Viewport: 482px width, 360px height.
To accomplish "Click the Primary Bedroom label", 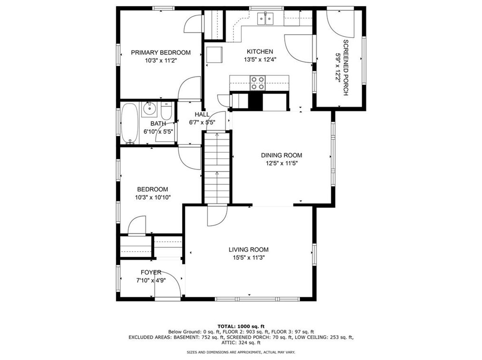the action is coord(161,53).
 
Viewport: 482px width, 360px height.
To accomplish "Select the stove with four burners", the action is coord(258,83).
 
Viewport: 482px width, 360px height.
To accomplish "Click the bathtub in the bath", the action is coord(129,123).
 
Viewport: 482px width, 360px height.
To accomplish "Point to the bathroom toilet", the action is coord(166,112).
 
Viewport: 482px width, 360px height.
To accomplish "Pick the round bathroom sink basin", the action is coord(150,108).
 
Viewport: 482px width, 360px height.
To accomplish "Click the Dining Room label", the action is coord(281,155).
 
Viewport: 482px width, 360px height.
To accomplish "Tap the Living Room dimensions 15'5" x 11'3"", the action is coord(249,258).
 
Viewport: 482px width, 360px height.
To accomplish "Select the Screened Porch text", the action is coord(346,67).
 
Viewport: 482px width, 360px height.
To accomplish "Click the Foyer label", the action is coord(151,273).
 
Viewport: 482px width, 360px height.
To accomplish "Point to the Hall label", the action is coord(202,114).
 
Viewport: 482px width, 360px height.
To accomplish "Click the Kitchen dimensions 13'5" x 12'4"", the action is coord(260,59).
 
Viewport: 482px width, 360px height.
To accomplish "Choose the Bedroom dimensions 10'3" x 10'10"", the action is coord(153,198).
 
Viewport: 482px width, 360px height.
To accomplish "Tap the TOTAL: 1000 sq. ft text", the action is coord(241,326).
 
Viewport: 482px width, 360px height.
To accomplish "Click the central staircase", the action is coord(217,167).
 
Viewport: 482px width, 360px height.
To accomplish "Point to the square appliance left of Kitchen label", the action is coord(214,55).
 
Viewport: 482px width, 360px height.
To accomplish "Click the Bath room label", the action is coord(158,124).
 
